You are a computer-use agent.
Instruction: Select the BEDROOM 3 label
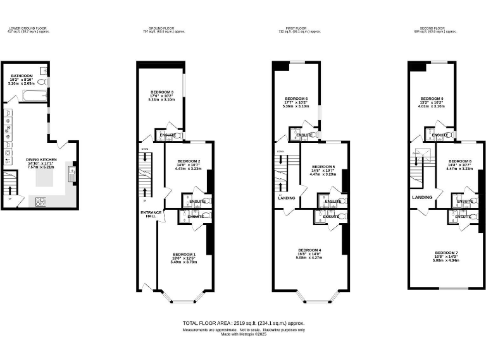tap(161, 92)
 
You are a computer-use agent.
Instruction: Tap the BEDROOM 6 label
tap(296, 99)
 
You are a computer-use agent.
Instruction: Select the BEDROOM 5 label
tap(323, 167)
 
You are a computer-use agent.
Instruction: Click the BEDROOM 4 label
tap(310, 250)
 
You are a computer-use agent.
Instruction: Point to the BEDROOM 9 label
tap(432, 99)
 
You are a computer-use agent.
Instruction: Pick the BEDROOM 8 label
tap(459, 161)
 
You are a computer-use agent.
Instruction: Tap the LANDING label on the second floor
tap(422, 197)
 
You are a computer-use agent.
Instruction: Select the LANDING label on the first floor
tap(287, 198)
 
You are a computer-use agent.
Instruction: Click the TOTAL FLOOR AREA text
tap(243, 322)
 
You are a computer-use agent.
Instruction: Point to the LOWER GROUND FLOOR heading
tap(28, 28)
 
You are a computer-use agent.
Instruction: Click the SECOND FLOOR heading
tap(430, 28)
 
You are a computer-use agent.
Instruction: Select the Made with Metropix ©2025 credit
tap(243, 334)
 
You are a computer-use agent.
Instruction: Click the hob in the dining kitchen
tap(41, 202)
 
